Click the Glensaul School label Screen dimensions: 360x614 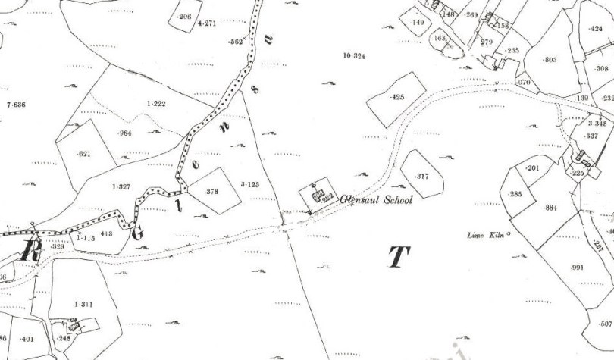point(377,200)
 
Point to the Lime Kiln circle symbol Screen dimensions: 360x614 point(509,233)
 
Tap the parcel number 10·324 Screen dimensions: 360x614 point(354,56)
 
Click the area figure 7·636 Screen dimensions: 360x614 point(16,104)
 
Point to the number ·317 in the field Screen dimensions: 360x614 point(422,176)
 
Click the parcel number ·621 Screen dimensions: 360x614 point(83,155)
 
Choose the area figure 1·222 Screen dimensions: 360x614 point(155,103)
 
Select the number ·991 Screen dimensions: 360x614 point(578,268)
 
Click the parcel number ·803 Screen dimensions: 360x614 point(550,59)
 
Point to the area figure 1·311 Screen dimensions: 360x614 point(83,304)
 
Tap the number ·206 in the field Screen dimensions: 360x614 point(183,17)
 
